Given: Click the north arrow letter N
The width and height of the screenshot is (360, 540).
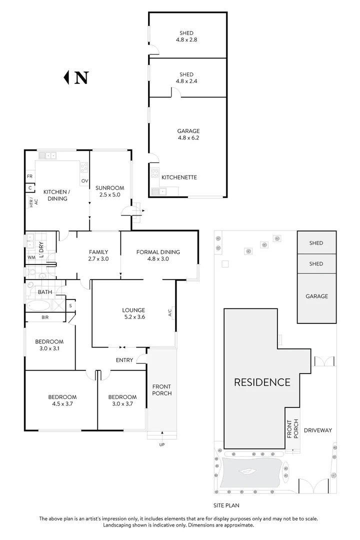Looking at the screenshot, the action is point(81,77).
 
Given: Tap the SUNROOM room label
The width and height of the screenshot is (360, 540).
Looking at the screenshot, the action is point(110,187).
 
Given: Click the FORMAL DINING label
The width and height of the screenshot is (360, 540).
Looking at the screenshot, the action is point(158,251).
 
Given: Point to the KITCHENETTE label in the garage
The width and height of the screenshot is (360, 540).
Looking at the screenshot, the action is point(179,177).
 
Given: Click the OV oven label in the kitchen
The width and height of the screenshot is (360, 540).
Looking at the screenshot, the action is point(84,181).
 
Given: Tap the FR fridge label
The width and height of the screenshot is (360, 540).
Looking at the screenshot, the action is point(29,176).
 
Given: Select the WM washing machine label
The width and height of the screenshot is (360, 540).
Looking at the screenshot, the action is point(31,257).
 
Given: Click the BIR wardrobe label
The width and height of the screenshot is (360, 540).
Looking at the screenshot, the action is point(45,317).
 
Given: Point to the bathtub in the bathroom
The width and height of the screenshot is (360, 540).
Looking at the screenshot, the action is point(38,305).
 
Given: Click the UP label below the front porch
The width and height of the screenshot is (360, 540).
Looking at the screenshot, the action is point(162,444).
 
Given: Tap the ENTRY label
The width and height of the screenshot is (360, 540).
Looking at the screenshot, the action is point(124,360).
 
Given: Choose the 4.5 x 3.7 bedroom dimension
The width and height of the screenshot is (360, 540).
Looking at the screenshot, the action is point(62,403).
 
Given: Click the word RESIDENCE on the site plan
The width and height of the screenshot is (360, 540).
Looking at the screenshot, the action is point(262,382).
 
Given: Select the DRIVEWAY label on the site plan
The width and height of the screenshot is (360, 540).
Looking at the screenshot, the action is point(318,430).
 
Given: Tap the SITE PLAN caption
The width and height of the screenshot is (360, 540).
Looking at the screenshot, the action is point(226,505).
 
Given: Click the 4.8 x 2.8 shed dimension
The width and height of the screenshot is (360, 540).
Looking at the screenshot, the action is point(186,39).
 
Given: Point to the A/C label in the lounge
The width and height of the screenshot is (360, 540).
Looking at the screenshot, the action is point(169,312).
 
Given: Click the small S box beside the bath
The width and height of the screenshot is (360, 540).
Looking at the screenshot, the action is point(70,305).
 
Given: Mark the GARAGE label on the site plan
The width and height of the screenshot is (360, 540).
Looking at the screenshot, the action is point(316,296).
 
